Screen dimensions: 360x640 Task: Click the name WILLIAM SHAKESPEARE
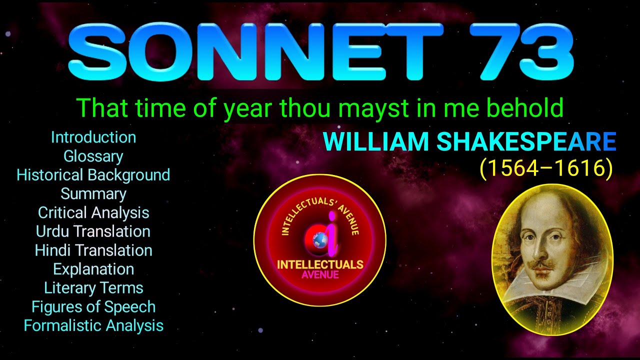469,142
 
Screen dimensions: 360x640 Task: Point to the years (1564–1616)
546,169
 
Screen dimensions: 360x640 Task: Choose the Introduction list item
93,137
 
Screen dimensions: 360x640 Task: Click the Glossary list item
93,156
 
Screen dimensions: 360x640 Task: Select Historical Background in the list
93,175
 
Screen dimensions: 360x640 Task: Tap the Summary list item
93,194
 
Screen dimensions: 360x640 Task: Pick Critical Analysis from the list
93,213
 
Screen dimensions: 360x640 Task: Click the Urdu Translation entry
93,231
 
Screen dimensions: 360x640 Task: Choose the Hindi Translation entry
93,250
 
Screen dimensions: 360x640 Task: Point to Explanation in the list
93,269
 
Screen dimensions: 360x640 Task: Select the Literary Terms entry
93,288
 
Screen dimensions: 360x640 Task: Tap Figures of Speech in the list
93,307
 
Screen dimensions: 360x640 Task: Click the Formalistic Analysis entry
93,326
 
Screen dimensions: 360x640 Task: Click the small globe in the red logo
319,240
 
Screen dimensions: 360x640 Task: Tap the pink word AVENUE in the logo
320,274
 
